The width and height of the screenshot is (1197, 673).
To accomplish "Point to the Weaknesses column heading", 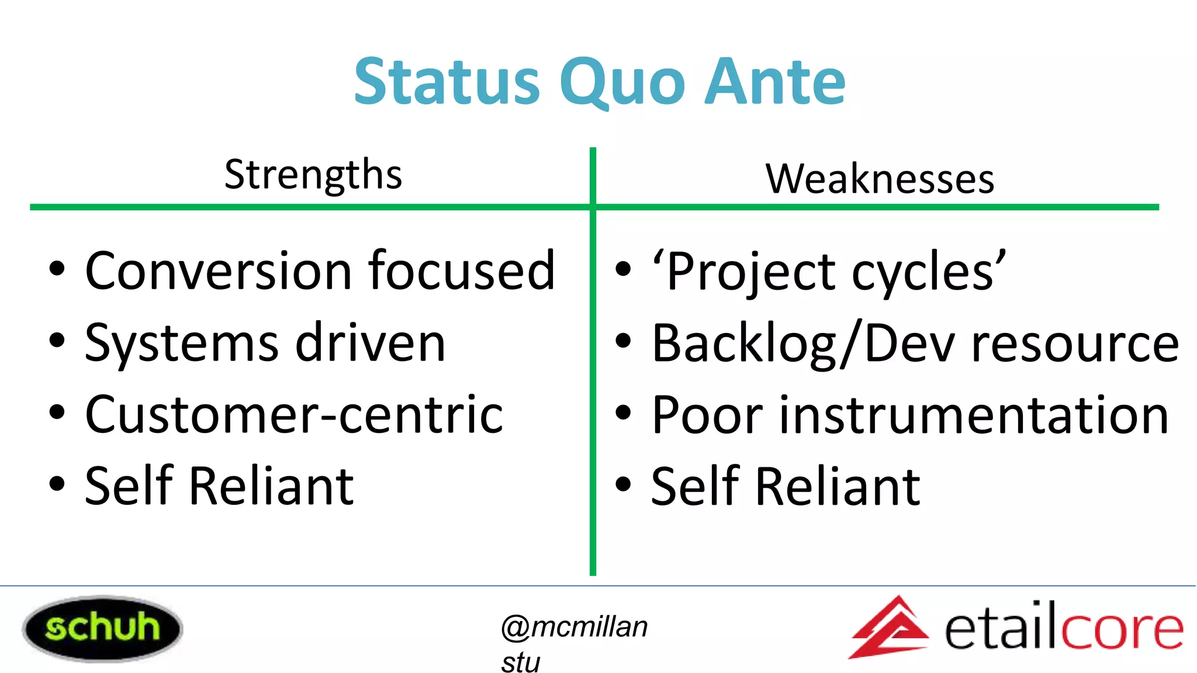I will (x=880, y=178).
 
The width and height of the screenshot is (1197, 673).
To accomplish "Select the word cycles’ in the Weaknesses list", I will (x=929, y=272).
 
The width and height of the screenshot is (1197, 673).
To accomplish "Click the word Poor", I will (x=707, y=415).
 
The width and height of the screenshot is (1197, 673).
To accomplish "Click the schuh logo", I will (x=102, y=629).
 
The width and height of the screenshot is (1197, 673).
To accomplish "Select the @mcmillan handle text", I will (x=574, y=627).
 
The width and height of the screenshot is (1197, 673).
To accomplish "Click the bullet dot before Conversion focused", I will (x=57, y=270).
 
